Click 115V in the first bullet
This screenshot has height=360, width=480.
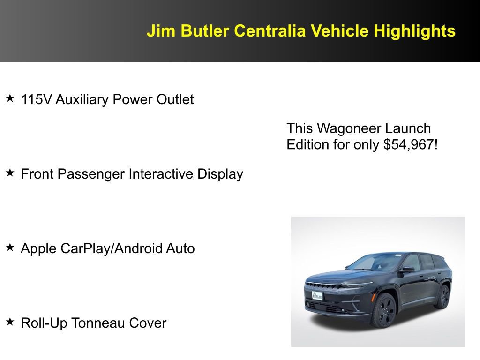37,99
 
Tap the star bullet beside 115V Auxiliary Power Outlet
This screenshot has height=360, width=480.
10,98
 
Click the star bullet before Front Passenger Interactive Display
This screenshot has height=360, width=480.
10,173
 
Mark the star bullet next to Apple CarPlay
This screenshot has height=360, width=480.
10,247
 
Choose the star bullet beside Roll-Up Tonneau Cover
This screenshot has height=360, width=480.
10,322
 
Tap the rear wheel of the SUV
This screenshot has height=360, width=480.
442,296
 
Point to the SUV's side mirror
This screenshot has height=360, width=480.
407,270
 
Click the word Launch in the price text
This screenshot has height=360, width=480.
412,128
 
